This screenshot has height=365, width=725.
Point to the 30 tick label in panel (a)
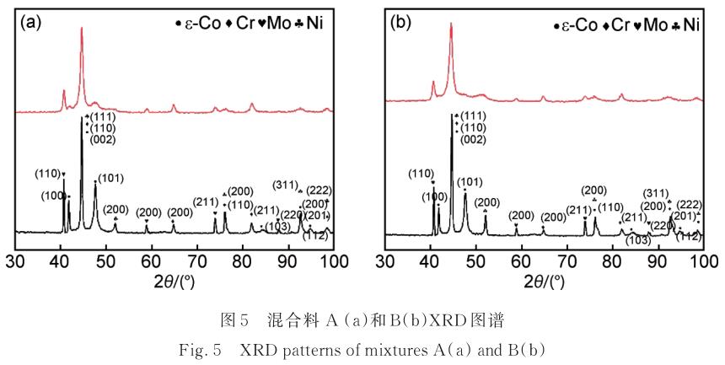point(14,260)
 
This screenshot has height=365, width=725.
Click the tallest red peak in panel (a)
point(81,30)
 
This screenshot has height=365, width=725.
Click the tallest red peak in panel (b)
point(451,25)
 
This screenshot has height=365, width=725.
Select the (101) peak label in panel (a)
point(111,179)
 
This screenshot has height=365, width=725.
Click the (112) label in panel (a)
point(314,236)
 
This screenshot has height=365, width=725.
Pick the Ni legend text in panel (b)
point(690,25)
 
